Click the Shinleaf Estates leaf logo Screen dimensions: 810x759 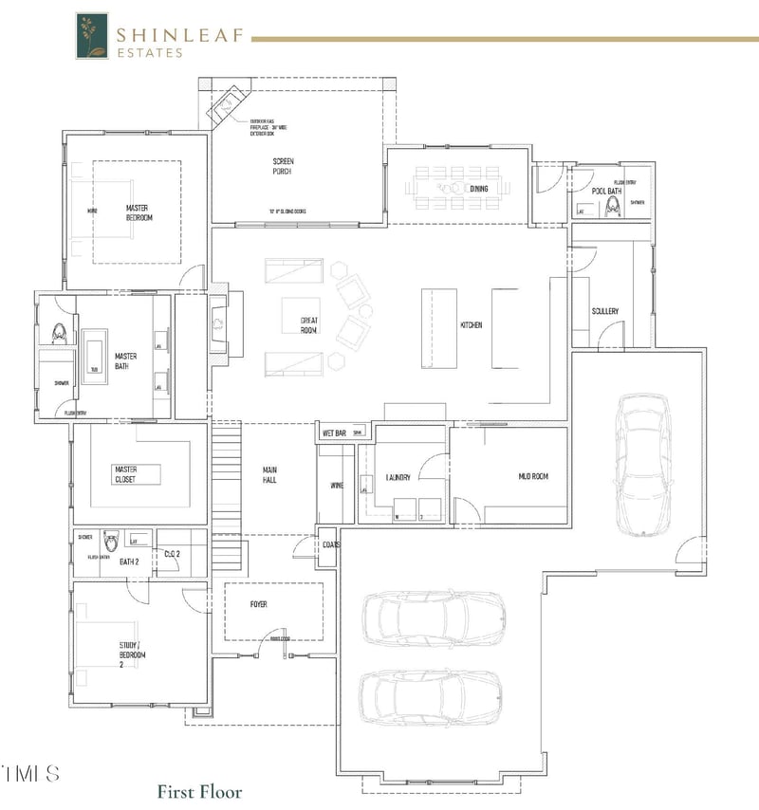92,36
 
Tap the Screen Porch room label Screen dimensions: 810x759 282,166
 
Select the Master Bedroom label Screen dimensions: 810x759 139,212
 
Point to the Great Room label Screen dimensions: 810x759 309,325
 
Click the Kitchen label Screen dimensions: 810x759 472,325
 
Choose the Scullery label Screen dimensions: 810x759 604,311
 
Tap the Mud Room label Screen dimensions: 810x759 533,476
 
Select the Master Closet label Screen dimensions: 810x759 126,473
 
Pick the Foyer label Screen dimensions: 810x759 258,604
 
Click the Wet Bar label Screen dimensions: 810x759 334,433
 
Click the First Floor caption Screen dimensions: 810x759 199,791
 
